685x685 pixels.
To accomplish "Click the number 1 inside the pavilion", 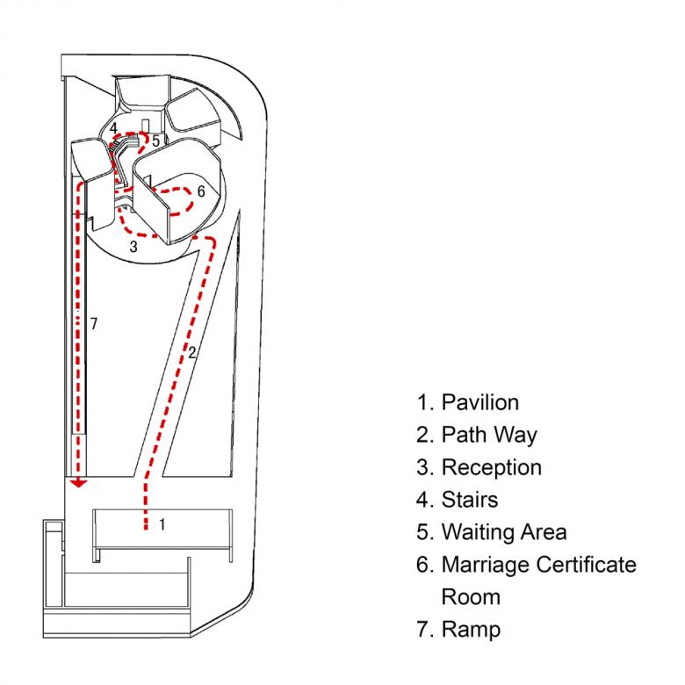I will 162,525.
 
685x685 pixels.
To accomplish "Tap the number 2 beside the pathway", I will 191,353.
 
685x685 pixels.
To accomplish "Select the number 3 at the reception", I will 133,247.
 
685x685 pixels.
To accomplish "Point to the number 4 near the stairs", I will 114,128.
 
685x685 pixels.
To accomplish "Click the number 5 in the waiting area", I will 155,140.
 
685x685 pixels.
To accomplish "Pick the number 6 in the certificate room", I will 201,191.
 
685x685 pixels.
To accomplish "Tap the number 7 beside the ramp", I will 94,324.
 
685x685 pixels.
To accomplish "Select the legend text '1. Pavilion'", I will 468,402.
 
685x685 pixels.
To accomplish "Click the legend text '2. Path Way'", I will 477,435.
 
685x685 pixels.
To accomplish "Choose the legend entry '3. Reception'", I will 479,467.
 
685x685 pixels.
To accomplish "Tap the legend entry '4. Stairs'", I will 458,500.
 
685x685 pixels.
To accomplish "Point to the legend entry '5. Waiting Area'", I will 492,532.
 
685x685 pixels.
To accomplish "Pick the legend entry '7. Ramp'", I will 458,629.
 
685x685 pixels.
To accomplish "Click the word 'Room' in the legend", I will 471,596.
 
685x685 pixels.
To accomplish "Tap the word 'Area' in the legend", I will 544,532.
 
